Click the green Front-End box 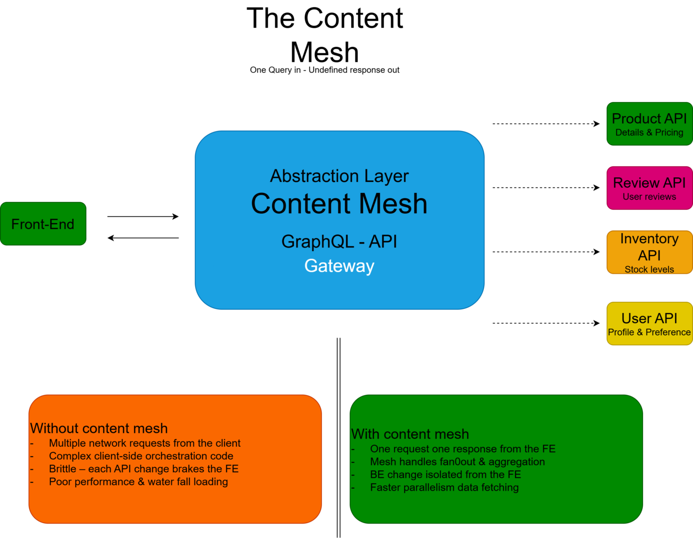tap(43, 224)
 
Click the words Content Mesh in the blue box tap(339, 204)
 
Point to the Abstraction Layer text tap(339, 176)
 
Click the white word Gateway tap(339, 266)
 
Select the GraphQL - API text tap(339, 242)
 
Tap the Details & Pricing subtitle tap(649, 133)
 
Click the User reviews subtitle tap(649, 197)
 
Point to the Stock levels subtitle tap(649, 269)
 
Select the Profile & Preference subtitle tap(649, 332)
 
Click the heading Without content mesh tap(99, 428)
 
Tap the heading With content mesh tap(410, 434)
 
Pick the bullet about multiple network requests tap(144, 443)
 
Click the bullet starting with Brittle tap(143, 469)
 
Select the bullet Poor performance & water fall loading tap(139, 482)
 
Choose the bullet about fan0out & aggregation tap(457, 462)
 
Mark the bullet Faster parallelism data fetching tap(444, 487)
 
